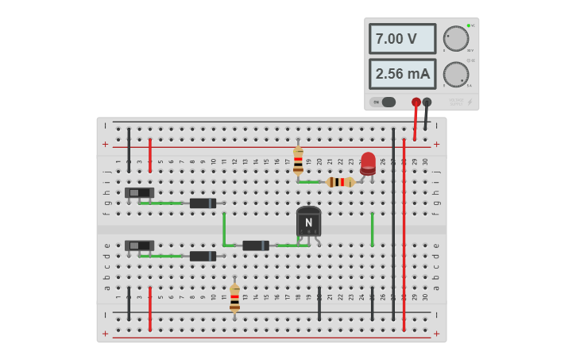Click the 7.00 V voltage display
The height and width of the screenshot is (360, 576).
click(402, 38)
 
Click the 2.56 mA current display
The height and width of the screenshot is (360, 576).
click(402, 74)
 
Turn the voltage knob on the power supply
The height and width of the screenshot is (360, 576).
click(456, 38)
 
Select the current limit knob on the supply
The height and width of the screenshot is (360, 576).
click(456, 74)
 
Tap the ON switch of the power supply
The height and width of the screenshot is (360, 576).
click(385, 102)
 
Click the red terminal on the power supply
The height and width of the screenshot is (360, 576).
click(416, 102)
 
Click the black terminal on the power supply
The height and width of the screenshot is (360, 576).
click(427, 102)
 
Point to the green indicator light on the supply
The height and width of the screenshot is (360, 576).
click(469, 25)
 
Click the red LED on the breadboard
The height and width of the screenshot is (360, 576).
click(368, 162)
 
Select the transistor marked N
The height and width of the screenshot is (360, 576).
click(308, 222)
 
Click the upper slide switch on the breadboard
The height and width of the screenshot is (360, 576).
click(140, 192)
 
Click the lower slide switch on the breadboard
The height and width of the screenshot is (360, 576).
click(140, 246)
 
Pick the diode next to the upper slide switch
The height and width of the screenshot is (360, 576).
click(203, 203)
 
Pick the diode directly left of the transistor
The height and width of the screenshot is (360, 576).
click(256, 246)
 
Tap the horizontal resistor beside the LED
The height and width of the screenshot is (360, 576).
click(340, 182)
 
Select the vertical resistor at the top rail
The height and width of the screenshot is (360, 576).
click(298, 161)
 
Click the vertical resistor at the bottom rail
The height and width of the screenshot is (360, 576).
click(234, 298)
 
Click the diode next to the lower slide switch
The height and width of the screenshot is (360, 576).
click(203, 256)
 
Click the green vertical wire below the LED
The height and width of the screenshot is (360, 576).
click(372, 229)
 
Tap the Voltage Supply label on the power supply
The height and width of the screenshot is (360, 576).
click(456, 102)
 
